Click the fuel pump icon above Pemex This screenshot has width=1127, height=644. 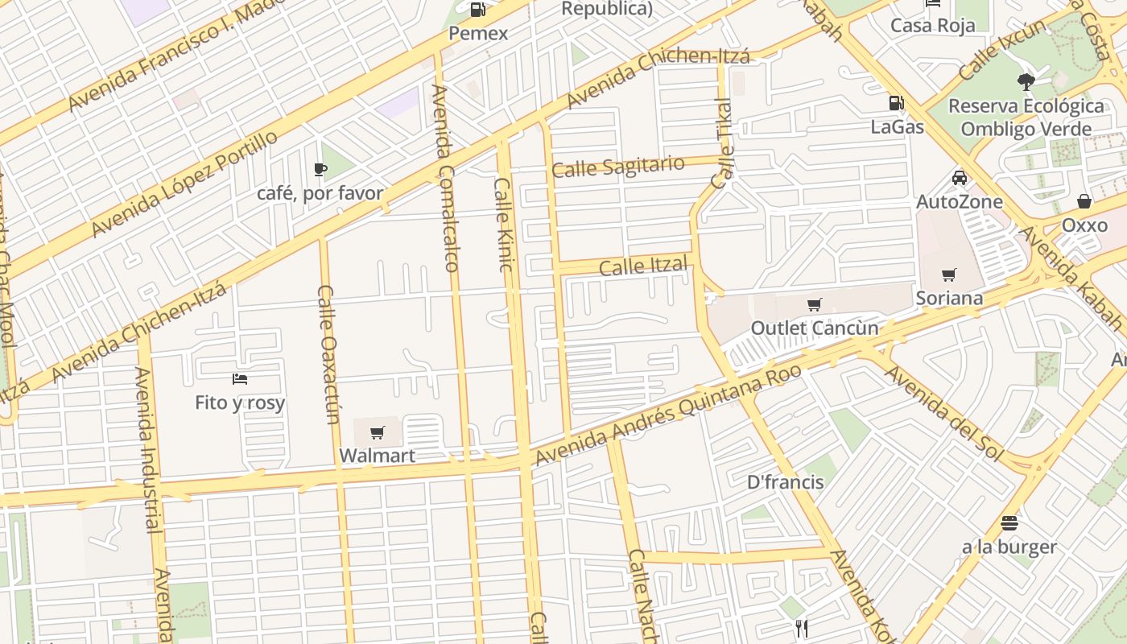477,10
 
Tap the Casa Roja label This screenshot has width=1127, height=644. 932,25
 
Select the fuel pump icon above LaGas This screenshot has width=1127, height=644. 895,103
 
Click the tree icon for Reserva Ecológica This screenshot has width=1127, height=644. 1026,80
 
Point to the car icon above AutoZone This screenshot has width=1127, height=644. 959,178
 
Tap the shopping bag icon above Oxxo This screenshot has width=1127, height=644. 1084,201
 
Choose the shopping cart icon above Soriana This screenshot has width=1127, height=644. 949,275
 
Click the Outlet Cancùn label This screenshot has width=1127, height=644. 814,328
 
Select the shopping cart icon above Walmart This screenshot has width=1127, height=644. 377,433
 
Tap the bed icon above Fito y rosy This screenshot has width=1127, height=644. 239,379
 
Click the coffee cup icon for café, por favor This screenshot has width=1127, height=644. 320,170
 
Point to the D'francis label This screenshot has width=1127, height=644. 785,482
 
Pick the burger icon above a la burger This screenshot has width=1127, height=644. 1009,523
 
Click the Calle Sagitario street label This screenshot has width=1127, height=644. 618,167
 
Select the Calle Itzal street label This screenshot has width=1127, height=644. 643,266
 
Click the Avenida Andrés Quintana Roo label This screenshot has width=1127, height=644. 668,414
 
